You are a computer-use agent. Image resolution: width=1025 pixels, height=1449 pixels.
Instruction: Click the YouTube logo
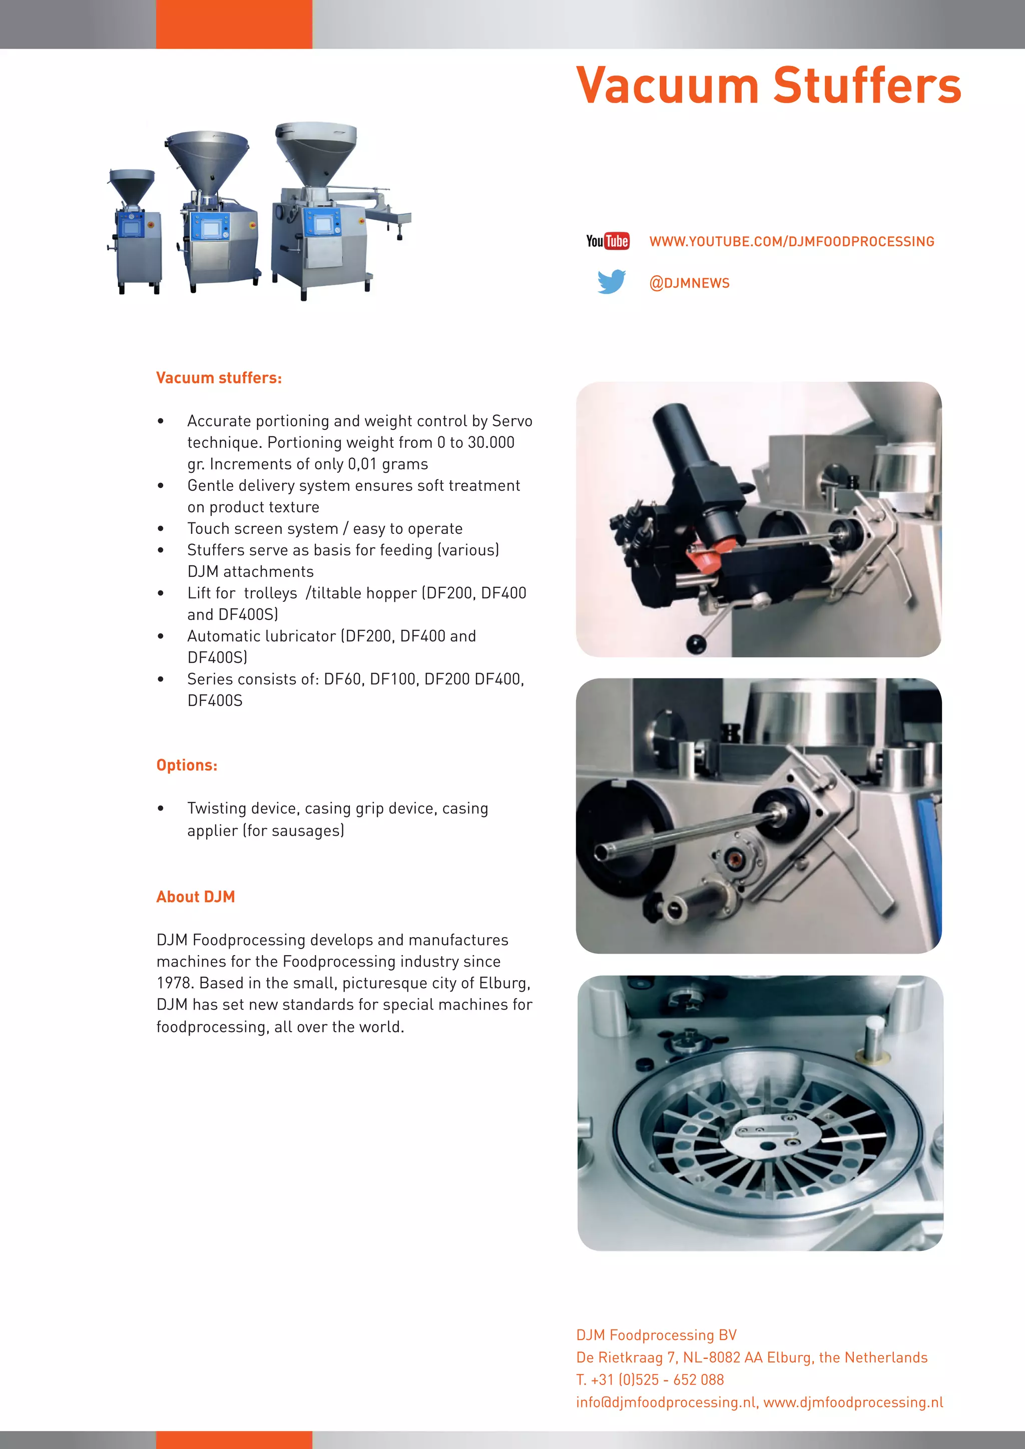tap(607, 241)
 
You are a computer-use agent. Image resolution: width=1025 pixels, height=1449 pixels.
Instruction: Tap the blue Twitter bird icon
tap(611, 282)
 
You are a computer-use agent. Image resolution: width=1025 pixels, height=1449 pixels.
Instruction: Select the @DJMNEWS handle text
tap(689, 283)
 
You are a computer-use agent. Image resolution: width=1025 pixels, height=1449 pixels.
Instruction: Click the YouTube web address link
tap(791, 242)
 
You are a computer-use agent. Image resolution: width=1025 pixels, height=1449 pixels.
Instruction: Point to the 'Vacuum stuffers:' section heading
tap(218, 378)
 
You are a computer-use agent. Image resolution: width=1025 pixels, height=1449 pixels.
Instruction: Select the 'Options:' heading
tap(187, 766)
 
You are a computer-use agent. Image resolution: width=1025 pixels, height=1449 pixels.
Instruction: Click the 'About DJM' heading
tap(196, 897)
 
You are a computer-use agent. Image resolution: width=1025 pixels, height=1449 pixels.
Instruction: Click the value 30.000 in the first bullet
tap(491, 442)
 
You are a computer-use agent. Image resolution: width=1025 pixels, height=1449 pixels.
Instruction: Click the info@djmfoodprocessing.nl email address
tap(666, 1402)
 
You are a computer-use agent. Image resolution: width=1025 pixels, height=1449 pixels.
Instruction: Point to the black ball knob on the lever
tap(697, 644)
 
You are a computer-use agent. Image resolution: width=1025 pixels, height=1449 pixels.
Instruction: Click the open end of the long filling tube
tap(602, 853)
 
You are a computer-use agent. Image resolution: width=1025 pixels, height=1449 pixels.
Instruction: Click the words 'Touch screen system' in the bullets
tap(263, 529)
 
